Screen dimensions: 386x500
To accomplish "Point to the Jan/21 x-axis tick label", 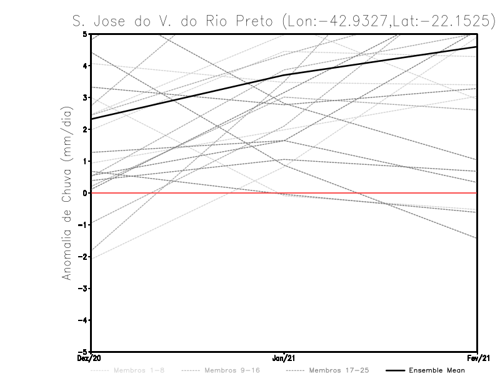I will (284, 359).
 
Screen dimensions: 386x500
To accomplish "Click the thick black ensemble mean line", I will (187, 97).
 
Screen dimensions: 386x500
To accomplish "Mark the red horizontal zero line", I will (375, 193).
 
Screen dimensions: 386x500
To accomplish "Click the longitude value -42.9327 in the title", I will (353, 21).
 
